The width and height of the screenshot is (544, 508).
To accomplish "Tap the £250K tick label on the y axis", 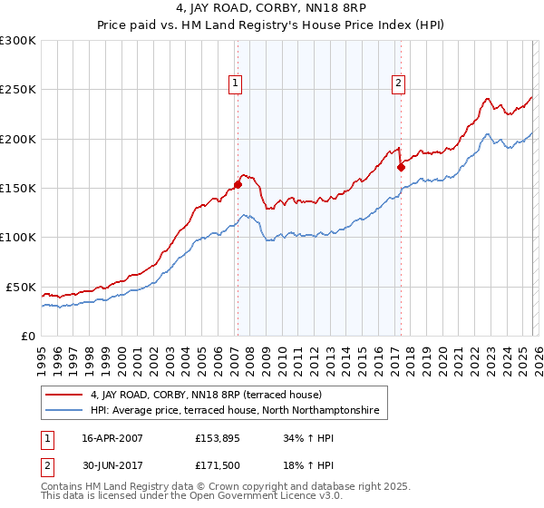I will [18, 90].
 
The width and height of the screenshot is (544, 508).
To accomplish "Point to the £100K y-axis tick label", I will [18, 237].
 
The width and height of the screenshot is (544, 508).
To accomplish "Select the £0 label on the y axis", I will [29, 336].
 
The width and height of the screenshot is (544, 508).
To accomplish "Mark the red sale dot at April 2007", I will [238, 184].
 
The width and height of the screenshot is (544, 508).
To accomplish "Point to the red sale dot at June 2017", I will [401, 166].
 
